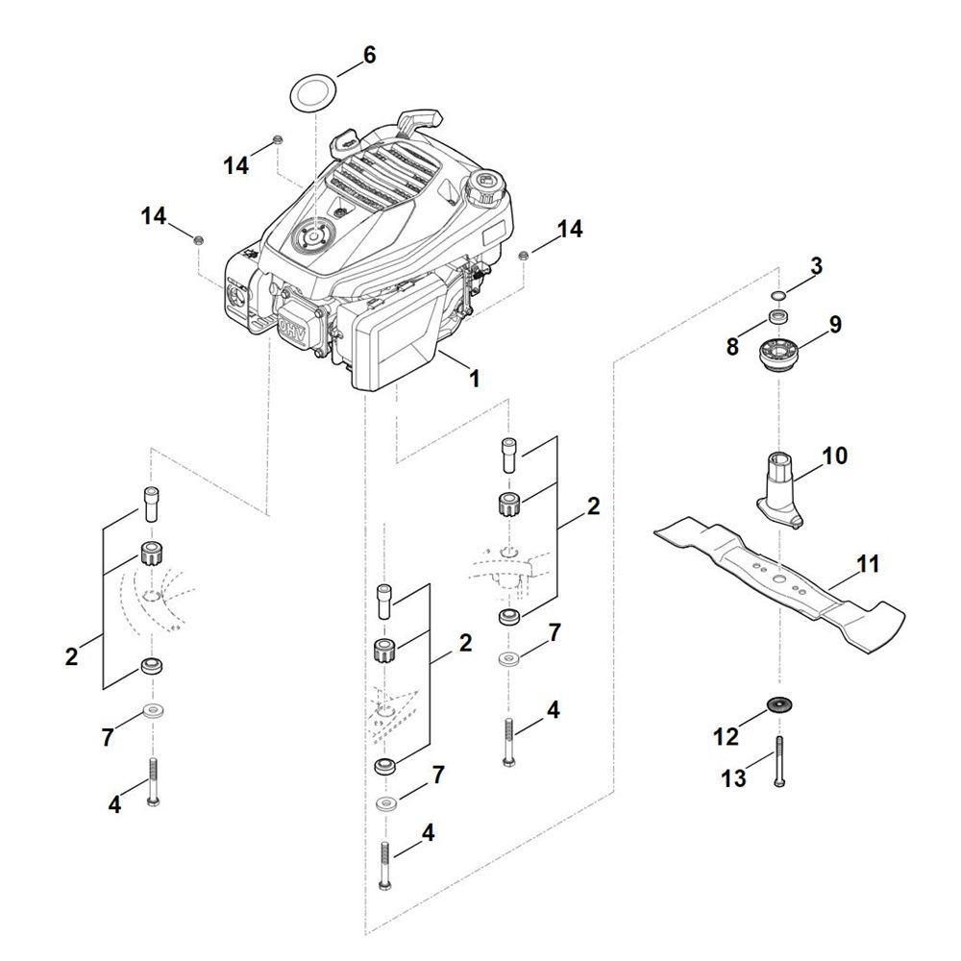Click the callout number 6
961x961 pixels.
coord(369,55)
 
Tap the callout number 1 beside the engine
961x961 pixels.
coord(475,378)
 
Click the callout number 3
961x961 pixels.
coord(816,266)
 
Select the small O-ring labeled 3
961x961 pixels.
coord(779,297)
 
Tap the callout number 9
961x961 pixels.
coord(835,324)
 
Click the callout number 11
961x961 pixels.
coord(867,564)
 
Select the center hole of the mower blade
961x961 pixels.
coord(778,578)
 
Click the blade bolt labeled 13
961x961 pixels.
coord(779,762)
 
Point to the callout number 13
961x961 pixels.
coord(733,779)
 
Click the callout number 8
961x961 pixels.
coord(732,347)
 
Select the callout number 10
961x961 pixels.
coord(834,456)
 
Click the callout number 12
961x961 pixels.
coord(727,737)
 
